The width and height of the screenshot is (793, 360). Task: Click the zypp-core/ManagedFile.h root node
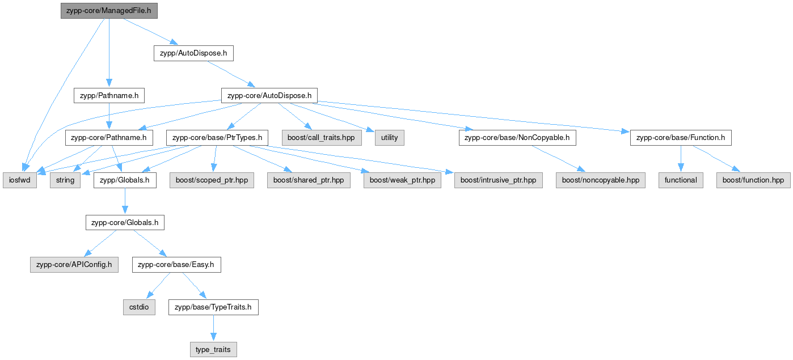109,11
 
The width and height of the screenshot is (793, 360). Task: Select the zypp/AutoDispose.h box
193,53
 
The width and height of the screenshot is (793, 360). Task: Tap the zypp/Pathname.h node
109,96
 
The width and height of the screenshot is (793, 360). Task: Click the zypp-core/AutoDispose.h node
269,96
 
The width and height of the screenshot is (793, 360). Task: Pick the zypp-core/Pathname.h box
109,138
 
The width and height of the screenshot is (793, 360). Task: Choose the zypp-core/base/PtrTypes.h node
217,138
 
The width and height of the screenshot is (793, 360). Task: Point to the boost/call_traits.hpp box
322,138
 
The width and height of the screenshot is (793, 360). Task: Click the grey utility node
390,138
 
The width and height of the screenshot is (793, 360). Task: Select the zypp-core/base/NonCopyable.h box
517,138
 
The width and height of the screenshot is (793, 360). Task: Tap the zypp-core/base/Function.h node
681,138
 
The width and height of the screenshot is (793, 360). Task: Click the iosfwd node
20,180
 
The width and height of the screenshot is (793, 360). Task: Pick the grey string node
65,180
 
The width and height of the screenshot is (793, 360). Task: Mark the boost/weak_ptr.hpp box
402,180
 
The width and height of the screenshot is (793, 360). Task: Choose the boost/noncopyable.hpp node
600,180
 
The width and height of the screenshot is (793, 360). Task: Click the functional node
681,180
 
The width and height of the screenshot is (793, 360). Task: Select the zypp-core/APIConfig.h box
74,265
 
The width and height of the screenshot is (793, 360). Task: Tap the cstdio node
139,307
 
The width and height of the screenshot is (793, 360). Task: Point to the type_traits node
213,350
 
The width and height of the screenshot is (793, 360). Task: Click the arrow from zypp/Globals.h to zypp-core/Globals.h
125,201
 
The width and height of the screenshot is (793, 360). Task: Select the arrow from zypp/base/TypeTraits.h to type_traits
213,328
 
